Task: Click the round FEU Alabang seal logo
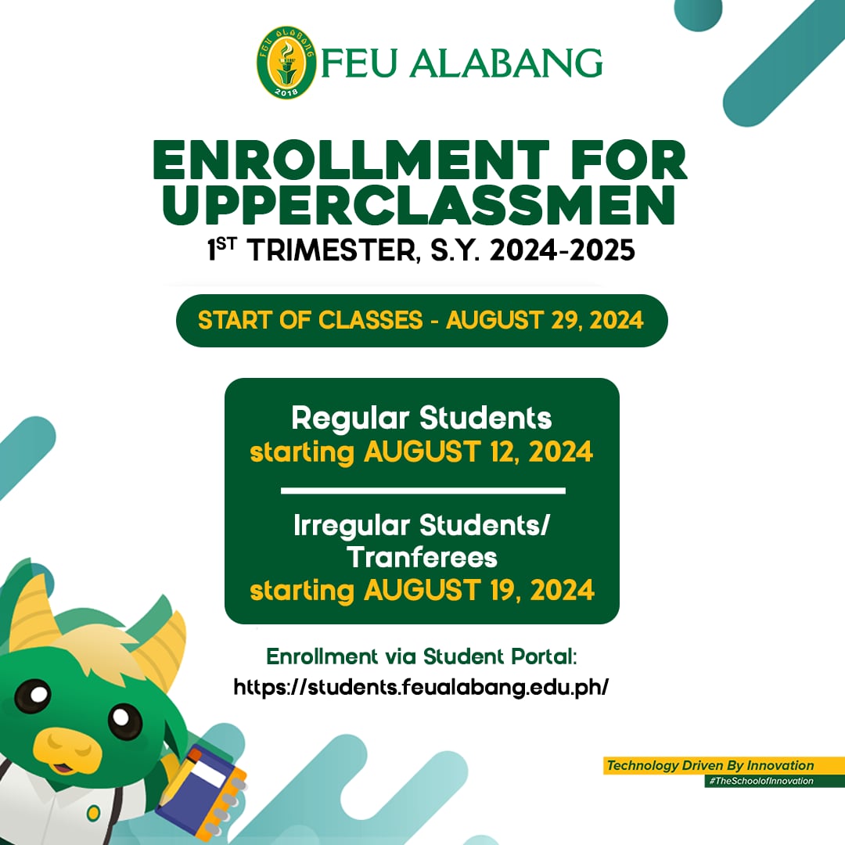(286, 63)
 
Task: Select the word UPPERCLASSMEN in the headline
(421, 205)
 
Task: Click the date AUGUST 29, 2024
(545, 320)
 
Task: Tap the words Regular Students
(422, 418)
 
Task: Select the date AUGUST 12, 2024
(478, 452)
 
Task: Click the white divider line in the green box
(422, 491)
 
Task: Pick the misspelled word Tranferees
(422, 557)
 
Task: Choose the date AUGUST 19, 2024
(479, 590)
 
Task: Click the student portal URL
(421, 688)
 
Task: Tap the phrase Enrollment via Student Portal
(422, 656)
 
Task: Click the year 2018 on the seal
(286, 92)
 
